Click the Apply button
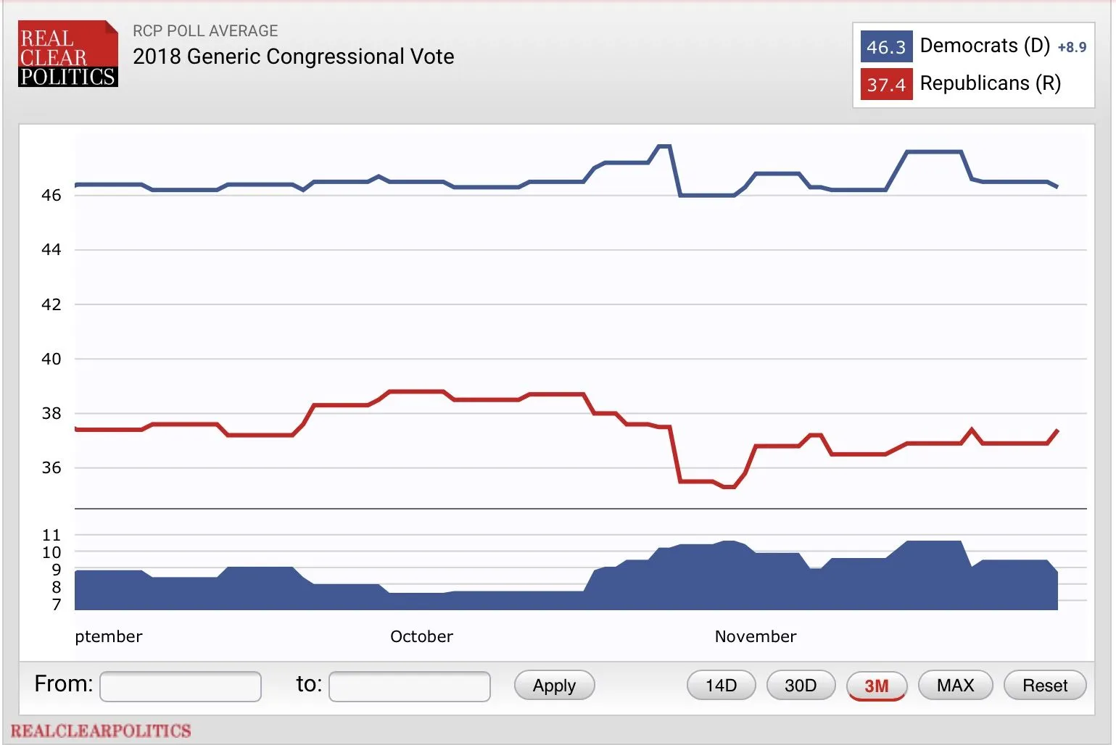pos(554,686)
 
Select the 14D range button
pos(721,686)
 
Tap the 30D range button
pos(801,686)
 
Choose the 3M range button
pos(876,686)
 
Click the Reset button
pos(1044,686)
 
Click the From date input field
pos(181,686)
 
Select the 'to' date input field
pos(410,686)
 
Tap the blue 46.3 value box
pos(886,47)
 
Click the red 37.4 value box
pos(886,85)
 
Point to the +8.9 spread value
pos(1072,48)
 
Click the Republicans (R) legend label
pos(990,83)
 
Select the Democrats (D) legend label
pos(985,46)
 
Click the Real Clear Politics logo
pos(67,54)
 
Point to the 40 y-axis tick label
pos(51,359)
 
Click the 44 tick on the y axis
pos(51,250)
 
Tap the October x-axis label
pos(421,636)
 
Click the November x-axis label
pos(756,636)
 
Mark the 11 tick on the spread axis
pos(51,536)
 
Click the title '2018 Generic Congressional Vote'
pos(294,57)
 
